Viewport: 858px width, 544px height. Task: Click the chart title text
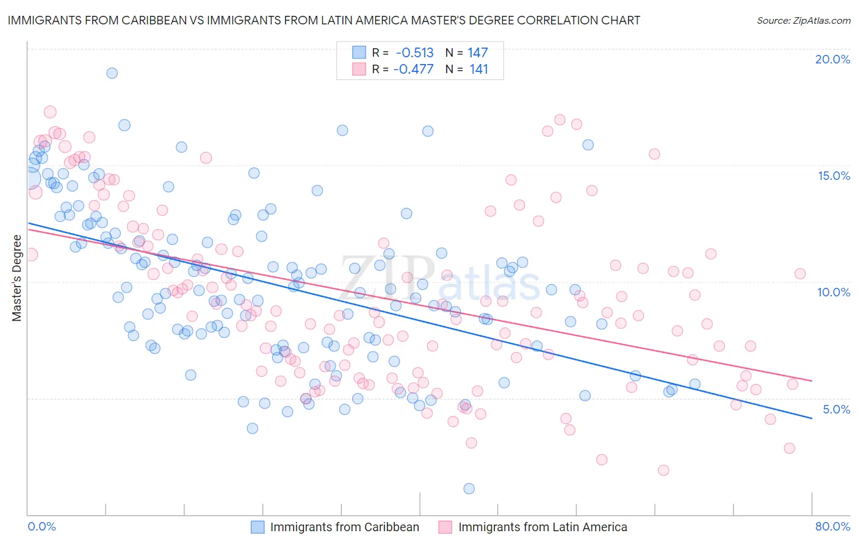click(x=323, y=20)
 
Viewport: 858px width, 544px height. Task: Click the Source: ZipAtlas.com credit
click(x=803, y=20)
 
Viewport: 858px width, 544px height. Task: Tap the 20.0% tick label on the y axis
click(x=832, y=59)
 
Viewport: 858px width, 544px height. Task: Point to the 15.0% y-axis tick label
click(x=834, y=176)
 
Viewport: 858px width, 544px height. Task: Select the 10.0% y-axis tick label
click(x=834, y=292)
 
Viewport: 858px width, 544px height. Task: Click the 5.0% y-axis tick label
click(x=836, y=409)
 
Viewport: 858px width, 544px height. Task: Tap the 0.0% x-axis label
click(x=41, y=526)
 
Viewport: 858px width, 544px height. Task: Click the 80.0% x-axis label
click(x=832, y=526)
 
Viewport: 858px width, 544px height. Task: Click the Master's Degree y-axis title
click(x=16, y=278)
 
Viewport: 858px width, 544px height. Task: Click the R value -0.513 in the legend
click(x=414, y=53)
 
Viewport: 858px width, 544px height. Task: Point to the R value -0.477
click(x=413, y=69)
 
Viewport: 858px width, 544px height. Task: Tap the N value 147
click(x=478, y=53)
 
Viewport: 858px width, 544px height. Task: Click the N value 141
click(x=478, y=69)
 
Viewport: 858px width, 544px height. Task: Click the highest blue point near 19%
click(x=112, y=73)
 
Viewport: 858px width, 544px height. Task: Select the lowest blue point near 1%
click(x=469, y=489)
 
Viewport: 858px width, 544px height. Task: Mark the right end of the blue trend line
click(x=812, y=418)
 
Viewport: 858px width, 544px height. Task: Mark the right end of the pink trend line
click(x=812, y=381)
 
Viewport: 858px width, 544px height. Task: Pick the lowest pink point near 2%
click(x=663, y=470)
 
